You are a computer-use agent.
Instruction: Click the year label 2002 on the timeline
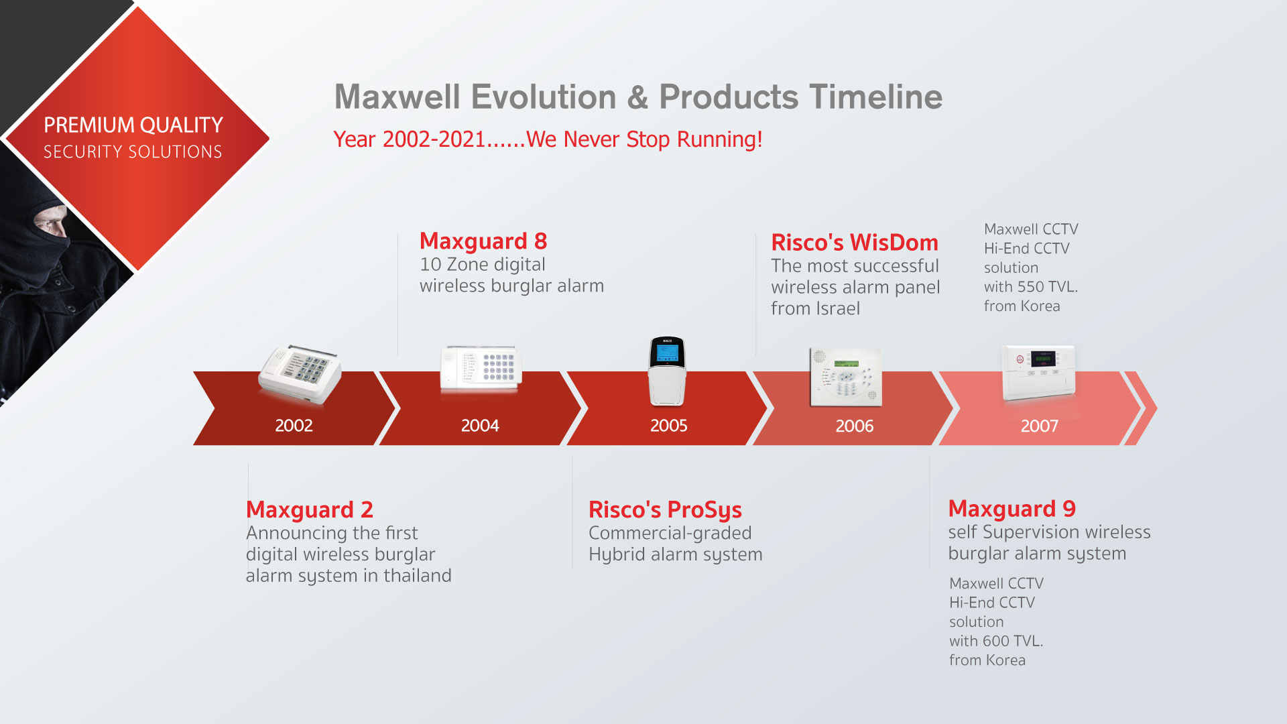click(x=294, y=426)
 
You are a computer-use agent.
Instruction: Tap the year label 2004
click(x=480, y=426)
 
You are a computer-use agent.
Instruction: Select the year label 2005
click(x=668, y=426)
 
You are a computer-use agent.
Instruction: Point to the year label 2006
click(x=854, y=426)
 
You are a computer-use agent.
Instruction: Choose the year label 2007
click(x=1039, y=426)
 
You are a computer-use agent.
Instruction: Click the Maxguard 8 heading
click(x=483, y=241)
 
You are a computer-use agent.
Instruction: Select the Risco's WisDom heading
click(x=854, y=243)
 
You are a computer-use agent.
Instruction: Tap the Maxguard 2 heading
click(x=309, y=510)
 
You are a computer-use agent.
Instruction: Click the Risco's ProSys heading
click(x=664, y=510)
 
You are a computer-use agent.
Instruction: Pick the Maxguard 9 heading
click(x=1012, y=509)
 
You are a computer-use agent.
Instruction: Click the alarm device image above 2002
click(x=300, y=374)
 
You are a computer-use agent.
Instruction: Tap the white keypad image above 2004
click(x=481, y=368)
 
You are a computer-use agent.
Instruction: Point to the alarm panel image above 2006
click(x=845, y=377)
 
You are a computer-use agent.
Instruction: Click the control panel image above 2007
click(x=1038, y=371)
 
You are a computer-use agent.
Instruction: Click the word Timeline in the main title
click(x=875, y=97)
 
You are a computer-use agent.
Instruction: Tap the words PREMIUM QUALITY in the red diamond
click(x=133, y=125)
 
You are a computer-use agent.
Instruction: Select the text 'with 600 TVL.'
click(x=995, y=642)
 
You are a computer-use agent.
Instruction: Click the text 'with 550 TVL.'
click(x=1030, y=287)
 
